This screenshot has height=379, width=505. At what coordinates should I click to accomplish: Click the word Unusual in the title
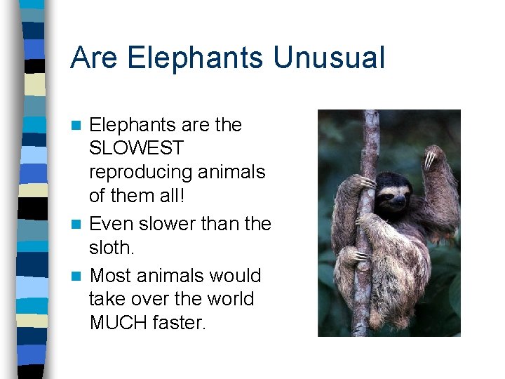(329, 58)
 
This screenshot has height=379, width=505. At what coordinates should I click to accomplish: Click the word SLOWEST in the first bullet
(136, 149)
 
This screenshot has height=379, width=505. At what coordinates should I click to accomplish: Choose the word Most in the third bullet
(112, 276)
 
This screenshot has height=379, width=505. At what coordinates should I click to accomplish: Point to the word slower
(167, 224)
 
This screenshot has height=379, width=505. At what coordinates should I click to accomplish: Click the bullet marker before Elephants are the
(79, 126)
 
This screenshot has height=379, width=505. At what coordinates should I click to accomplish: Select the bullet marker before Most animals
(79, 277)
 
